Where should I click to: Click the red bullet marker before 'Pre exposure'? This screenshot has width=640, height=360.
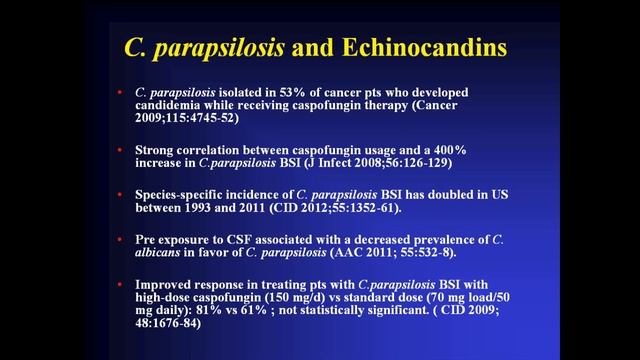tap(121, 239)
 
